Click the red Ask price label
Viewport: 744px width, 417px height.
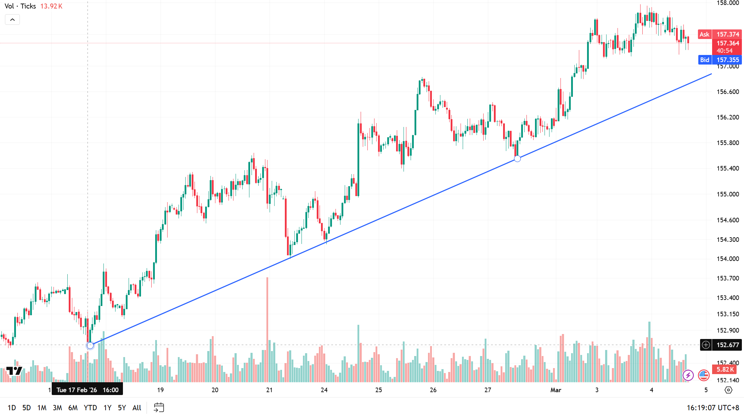[x=705, y=34]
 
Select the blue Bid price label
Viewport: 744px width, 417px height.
[x=705, y=60]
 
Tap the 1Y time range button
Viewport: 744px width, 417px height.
[x=107, y=408]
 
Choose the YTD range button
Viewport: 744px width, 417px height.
[x=90, y=408]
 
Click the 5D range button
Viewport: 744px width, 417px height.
[x=27, y=408]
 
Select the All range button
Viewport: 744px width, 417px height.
[x=137, y=408]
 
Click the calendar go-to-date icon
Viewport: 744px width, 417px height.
[x=159, y=407]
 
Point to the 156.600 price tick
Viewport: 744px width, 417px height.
[x=728, y=92]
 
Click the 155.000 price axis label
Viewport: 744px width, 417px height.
[x=728, y=194]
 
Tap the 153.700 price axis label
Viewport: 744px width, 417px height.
[x=728, y=278]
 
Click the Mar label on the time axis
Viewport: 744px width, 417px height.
[x=556, y=390]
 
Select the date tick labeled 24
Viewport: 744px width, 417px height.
[x=324, y=390]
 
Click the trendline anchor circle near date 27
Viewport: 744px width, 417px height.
[x=517, y=159]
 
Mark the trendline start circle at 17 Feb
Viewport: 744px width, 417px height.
[x=90, y=345]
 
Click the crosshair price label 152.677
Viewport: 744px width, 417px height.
[x=727, y=345]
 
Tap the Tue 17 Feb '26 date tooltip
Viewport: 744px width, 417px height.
[x=87, y=390]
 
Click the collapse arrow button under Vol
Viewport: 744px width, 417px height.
[x=12, y=20]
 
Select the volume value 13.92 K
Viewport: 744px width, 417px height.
[x=51, y=6]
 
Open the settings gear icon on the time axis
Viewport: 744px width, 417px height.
[x=728, y=390]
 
